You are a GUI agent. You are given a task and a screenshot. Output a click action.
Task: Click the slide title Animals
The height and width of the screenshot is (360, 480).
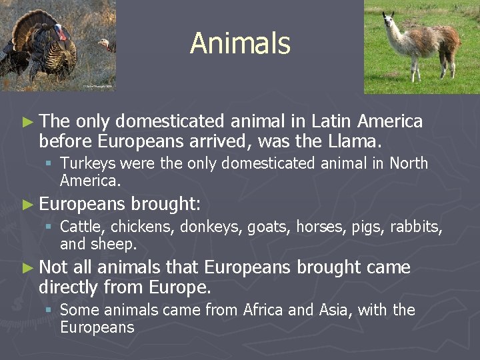[x=240, y=44]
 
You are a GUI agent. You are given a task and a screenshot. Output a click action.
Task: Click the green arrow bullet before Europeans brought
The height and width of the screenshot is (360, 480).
[x=27, y=204]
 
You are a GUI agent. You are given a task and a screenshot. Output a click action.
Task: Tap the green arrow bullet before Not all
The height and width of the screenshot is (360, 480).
[x=27, y=268]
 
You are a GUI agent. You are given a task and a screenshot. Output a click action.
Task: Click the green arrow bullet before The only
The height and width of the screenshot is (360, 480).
[x=27, y=121]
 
